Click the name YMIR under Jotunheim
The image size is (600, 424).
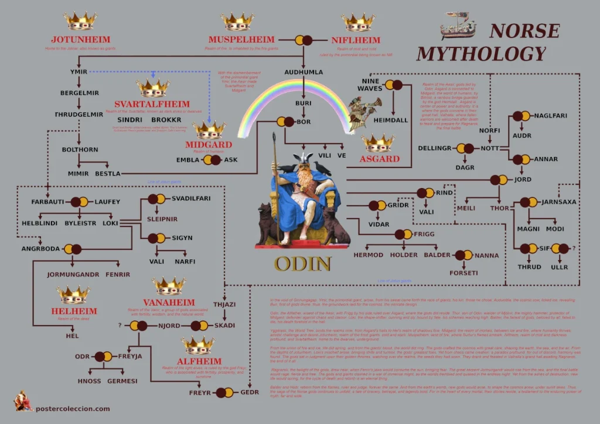point(78,72)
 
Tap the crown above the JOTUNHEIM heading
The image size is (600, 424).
point(80,22)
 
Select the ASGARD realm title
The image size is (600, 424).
point(380,159)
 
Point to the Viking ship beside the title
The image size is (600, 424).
point(458,26)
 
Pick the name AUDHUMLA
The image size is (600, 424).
point(304,72)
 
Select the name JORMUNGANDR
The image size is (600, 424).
point(73,274)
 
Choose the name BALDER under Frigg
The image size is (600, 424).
point(437,255)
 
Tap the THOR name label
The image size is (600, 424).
point(500,208)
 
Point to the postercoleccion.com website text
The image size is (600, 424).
point(73,409)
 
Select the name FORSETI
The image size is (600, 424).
point(463,273)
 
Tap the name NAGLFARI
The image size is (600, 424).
point(551,116)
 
